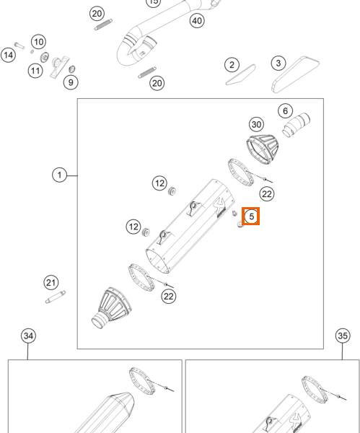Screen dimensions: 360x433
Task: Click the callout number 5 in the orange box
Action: [x=251, y=216]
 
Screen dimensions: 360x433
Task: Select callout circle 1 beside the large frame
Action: [x=59, y=175]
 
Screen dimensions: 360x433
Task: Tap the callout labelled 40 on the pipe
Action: [x=197, y=21]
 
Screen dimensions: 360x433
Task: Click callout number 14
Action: [x=8, y=55]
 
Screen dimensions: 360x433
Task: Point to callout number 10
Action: [x=39, y=42]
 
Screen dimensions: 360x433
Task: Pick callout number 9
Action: [x=71, y=82]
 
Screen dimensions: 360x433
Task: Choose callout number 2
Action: [x=232, y=65]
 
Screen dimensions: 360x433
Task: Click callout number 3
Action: [x=278, y=64]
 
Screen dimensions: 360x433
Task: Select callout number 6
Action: [x=285, y=111]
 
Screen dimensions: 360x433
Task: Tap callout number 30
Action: [x=256, y=125]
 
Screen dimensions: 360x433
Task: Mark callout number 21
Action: [x=51, y=283]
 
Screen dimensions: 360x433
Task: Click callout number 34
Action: [x=28, y=336]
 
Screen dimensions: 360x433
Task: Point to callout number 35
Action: [x=343, y=336]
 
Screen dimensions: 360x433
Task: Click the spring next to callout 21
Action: [x=56, y=297]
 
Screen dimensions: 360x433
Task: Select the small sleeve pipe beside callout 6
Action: [x=297, y=125]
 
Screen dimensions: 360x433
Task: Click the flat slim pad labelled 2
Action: [x=241, y=74]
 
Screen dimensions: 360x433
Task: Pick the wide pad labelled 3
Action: [x=295, y=74]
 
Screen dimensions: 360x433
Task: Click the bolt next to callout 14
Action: [x=19, y=45]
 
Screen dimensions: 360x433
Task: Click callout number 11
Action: [x=35, y=71]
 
